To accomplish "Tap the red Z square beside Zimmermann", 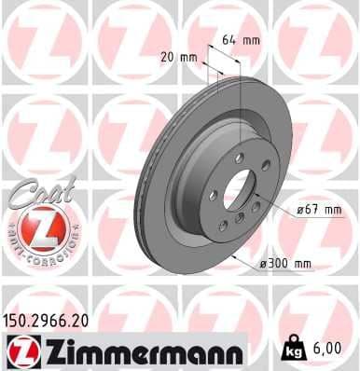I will coord(19,352).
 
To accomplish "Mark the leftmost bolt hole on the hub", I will coord(214,195).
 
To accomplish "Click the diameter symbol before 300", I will coord(263,264).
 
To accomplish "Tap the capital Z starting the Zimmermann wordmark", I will coord(45,352).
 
